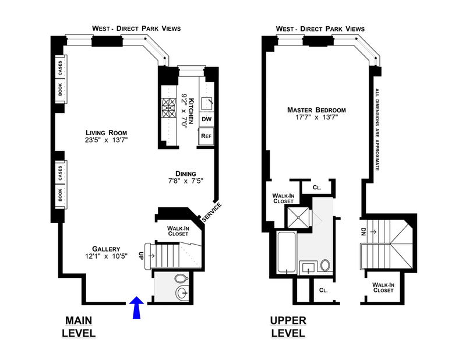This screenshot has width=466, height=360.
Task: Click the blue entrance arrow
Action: (x=136, y=308)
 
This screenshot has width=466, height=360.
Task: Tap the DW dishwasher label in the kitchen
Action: (x=207, y=119)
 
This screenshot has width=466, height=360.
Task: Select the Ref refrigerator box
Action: (x=206, y=136)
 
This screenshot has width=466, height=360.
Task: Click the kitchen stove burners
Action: (x=169, y=109)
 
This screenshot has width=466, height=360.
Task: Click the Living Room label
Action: (x=107, y=133)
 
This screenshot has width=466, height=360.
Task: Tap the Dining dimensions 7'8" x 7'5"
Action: (x=186, y=181)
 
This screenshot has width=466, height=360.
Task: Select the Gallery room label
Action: (x=106, y=249)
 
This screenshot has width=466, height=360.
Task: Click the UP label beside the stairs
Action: (x=141, y=256)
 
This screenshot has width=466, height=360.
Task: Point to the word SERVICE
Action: (x=212, y=212)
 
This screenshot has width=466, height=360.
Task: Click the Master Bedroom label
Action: (x=316, y=110)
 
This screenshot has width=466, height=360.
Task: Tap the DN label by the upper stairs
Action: (x=363, y=232)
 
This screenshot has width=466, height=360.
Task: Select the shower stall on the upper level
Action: (x=298, y=217)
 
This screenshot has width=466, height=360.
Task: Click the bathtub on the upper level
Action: (x=286, y=252)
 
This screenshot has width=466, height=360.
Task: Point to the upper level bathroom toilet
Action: (x=325, y=265)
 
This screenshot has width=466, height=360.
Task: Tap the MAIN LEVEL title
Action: (x=79, y=327)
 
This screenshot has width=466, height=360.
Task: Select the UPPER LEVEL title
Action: (x=288, y=327)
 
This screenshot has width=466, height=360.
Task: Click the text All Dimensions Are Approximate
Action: (x=377, y=129)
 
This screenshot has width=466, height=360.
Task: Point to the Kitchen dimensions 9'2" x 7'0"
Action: (x=184, y=111)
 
